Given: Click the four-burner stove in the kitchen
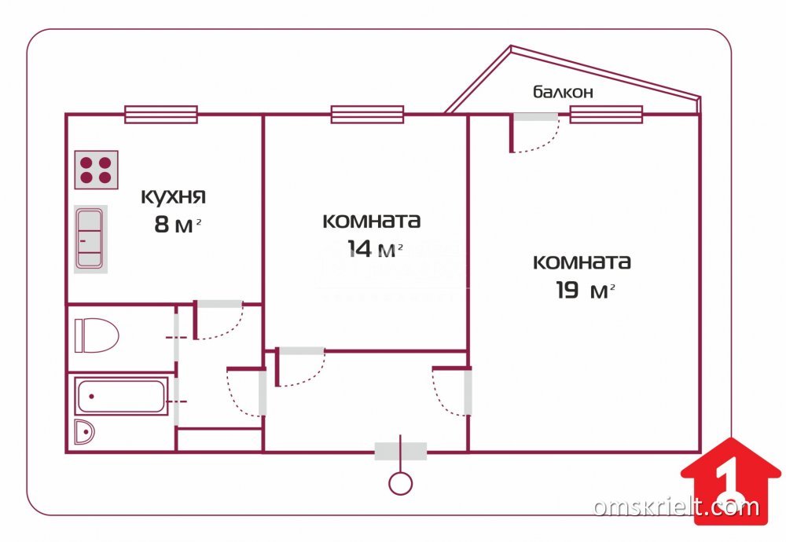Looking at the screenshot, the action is click(96, 170).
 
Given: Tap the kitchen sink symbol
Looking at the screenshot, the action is click(90, 239).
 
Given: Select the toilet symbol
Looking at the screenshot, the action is click(96, 335).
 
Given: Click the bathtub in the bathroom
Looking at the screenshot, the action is click(121, 396).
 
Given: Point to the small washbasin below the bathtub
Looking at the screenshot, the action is click(84, 431).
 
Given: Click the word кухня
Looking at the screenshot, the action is click(173, 196).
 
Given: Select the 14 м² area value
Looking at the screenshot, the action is click(375, 248).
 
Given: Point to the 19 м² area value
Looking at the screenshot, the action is click(585, 290).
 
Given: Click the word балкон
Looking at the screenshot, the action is click(563, 92).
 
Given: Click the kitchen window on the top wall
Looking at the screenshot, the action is click(161, 114).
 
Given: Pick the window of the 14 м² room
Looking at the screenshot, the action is click(367, 114).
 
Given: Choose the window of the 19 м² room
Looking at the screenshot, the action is click(606, 114).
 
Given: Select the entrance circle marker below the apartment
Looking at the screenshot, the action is click(400, 484).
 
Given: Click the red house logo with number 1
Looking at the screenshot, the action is click(730, 481).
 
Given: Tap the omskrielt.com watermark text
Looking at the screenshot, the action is click(677, 507).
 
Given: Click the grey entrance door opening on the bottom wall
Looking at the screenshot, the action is click(401, 452).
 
